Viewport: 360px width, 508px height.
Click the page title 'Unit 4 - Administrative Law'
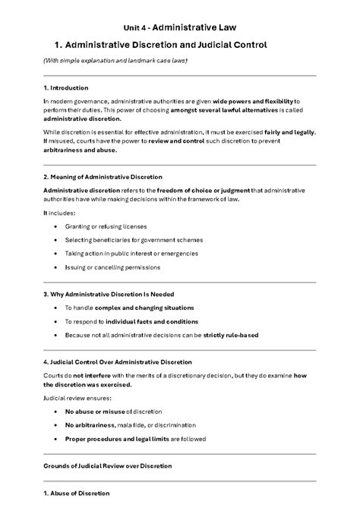click(179, 26)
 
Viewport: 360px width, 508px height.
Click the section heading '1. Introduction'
click(65, 88)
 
